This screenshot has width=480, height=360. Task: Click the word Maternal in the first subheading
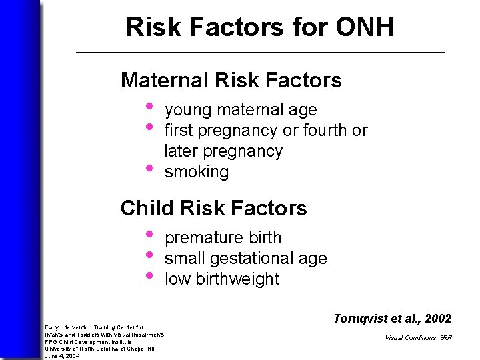coord(164,81)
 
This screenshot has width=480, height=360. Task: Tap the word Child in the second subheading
coord(143,209)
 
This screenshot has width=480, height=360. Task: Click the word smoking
coord(196,172)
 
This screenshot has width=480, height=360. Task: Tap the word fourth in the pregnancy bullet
coord(326,131)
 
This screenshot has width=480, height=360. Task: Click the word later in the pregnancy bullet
coord(180,151)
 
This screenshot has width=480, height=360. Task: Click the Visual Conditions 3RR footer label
coord(418,338)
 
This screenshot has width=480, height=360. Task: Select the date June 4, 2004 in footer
coord(62,356)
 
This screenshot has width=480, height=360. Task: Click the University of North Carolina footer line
coord(100,349)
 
